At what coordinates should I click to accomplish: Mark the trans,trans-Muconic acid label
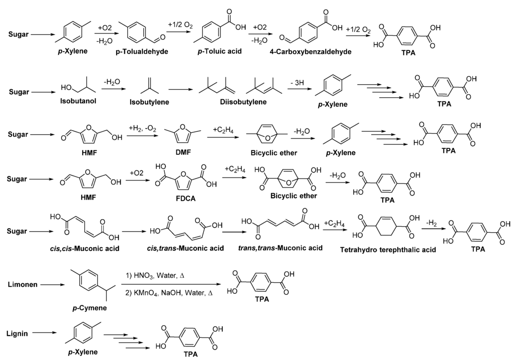pyautogui.click(x=280, y=248)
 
